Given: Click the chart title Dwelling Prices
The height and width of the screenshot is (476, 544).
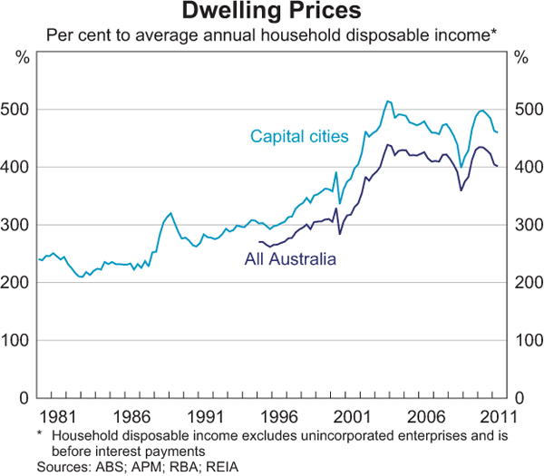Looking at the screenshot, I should [272, 13].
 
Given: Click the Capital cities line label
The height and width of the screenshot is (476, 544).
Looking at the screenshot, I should [298, 137].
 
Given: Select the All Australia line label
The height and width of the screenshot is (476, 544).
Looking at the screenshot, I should [290, 259].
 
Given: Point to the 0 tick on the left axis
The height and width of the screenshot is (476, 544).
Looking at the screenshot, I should [27, 398].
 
